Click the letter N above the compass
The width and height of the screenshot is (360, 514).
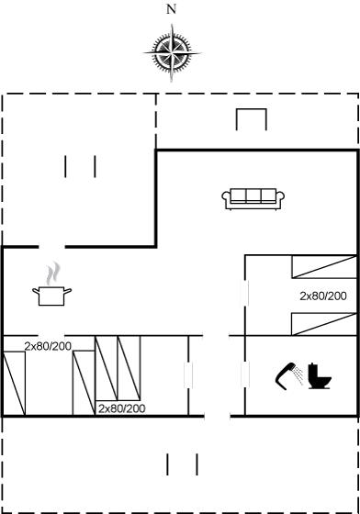(171, 9)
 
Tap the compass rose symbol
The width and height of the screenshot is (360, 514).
(172, 53)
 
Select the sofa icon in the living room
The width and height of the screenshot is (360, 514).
(253, 199)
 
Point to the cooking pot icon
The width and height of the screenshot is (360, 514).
(51, 296)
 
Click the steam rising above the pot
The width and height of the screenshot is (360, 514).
(53, 274)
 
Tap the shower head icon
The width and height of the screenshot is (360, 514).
(288, 376)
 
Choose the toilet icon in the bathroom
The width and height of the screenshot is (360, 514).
(320, 376)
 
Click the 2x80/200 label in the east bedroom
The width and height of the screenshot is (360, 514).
(323, 296)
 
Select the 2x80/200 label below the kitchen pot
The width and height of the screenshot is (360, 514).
(48, 346)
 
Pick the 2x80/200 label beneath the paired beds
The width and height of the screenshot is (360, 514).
(121, 408)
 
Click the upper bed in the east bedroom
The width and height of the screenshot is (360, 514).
(324, 267)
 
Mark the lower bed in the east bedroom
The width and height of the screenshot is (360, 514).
(324, 324)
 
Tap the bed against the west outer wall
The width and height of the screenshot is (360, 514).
(14, 384)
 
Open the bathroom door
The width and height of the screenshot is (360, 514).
(245, 374)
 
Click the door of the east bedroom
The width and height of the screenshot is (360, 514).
(245, 293)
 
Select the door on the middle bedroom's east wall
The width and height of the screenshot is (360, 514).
(188, 375)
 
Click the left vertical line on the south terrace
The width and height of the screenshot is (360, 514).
(167, 464)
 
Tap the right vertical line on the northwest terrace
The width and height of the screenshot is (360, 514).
(96, 166)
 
